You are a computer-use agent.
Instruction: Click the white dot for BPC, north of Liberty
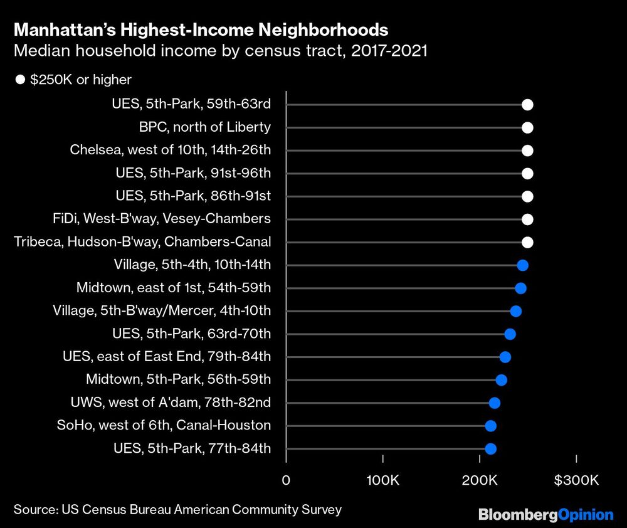click(x=527, y=128)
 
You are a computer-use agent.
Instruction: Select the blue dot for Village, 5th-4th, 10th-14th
click(x=522, y=265)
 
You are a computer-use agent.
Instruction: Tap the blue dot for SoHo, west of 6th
click(x=491, y=426)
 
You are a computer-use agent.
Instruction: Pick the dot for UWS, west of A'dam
click(x=495, y=403)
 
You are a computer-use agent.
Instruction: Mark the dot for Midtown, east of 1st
click(x=520, y=288)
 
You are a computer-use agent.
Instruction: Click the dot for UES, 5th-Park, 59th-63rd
click(x=527, y=105)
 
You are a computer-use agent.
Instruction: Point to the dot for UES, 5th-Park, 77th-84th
click(x=491, y=448)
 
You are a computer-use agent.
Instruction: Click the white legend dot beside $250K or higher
click(x=20, y=80)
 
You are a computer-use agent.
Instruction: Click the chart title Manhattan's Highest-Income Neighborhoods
click(x=201, y=29)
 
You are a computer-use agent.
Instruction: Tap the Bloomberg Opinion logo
click(x=545, y=515)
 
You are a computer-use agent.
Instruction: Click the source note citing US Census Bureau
click(x=177, y=509)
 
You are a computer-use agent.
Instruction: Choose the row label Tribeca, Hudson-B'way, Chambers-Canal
click(x=142, y=242)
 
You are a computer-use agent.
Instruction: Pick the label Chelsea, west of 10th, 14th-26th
click(x=171, y=150)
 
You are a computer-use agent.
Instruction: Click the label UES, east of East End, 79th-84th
click(x=167, y=357)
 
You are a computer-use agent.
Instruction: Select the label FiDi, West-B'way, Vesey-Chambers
click(x=162, y=219)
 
